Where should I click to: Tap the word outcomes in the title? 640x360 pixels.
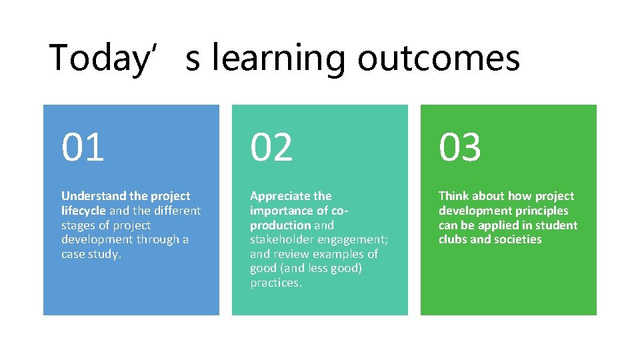[x=438, y=58]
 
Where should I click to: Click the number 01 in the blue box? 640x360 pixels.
[x=83, y=147]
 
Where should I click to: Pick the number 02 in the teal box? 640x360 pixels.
[x=271, y=147]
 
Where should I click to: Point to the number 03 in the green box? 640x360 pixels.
[x=459, y=147]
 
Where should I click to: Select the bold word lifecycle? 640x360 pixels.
[x=83, y=211]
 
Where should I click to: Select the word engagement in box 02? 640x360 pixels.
[x=355, y=240]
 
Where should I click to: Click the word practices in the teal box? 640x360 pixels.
[x=275, y=283]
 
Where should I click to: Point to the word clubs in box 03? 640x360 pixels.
[x=453, y=240]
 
